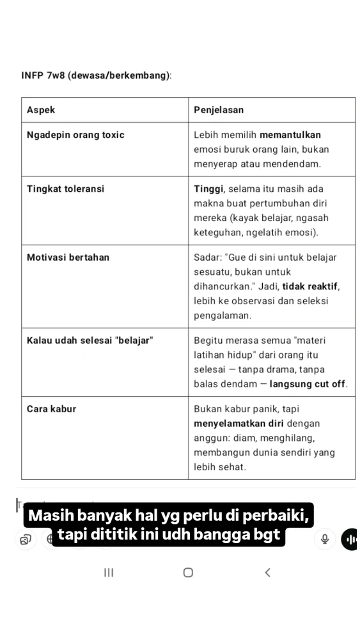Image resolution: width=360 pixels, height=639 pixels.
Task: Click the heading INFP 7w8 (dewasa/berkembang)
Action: point(97,75)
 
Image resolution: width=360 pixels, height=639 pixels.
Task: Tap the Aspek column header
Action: point(41,110)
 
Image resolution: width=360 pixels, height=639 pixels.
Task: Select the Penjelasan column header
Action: point(219,110)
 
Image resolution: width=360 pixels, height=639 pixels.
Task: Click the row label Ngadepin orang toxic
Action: point(75,135)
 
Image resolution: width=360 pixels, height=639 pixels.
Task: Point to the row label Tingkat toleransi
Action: point(65,189)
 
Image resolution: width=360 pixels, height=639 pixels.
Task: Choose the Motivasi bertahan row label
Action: point(68,258)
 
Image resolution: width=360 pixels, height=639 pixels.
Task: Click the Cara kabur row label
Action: point(51,409)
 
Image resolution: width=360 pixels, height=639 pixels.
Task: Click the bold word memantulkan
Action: point(291,135)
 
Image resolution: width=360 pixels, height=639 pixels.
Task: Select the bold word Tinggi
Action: point(208,189)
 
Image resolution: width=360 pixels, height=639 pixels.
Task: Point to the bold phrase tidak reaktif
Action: point(311,286)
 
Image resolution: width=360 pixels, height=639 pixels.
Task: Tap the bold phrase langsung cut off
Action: point(308,384)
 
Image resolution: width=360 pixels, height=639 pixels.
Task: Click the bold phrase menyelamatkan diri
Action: point(239,424)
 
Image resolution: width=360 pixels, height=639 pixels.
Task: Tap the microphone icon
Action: point(325,539)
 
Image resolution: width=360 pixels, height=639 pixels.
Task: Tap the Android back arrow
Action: point(267,573)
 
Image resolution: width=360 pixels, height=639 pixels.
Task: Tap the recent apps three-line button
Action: point(109,573)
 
